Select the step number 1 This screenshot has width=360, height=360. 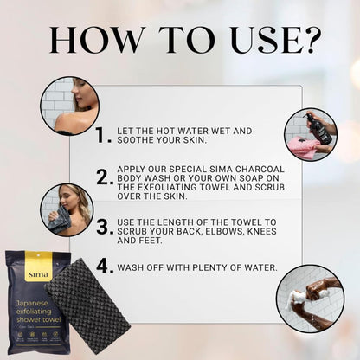(x=104, y=135)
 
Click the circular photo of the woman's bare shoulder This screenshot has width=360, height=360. (x=69, y=106)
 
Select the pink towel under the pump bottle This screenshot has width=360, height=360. (x=304, y=145)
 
